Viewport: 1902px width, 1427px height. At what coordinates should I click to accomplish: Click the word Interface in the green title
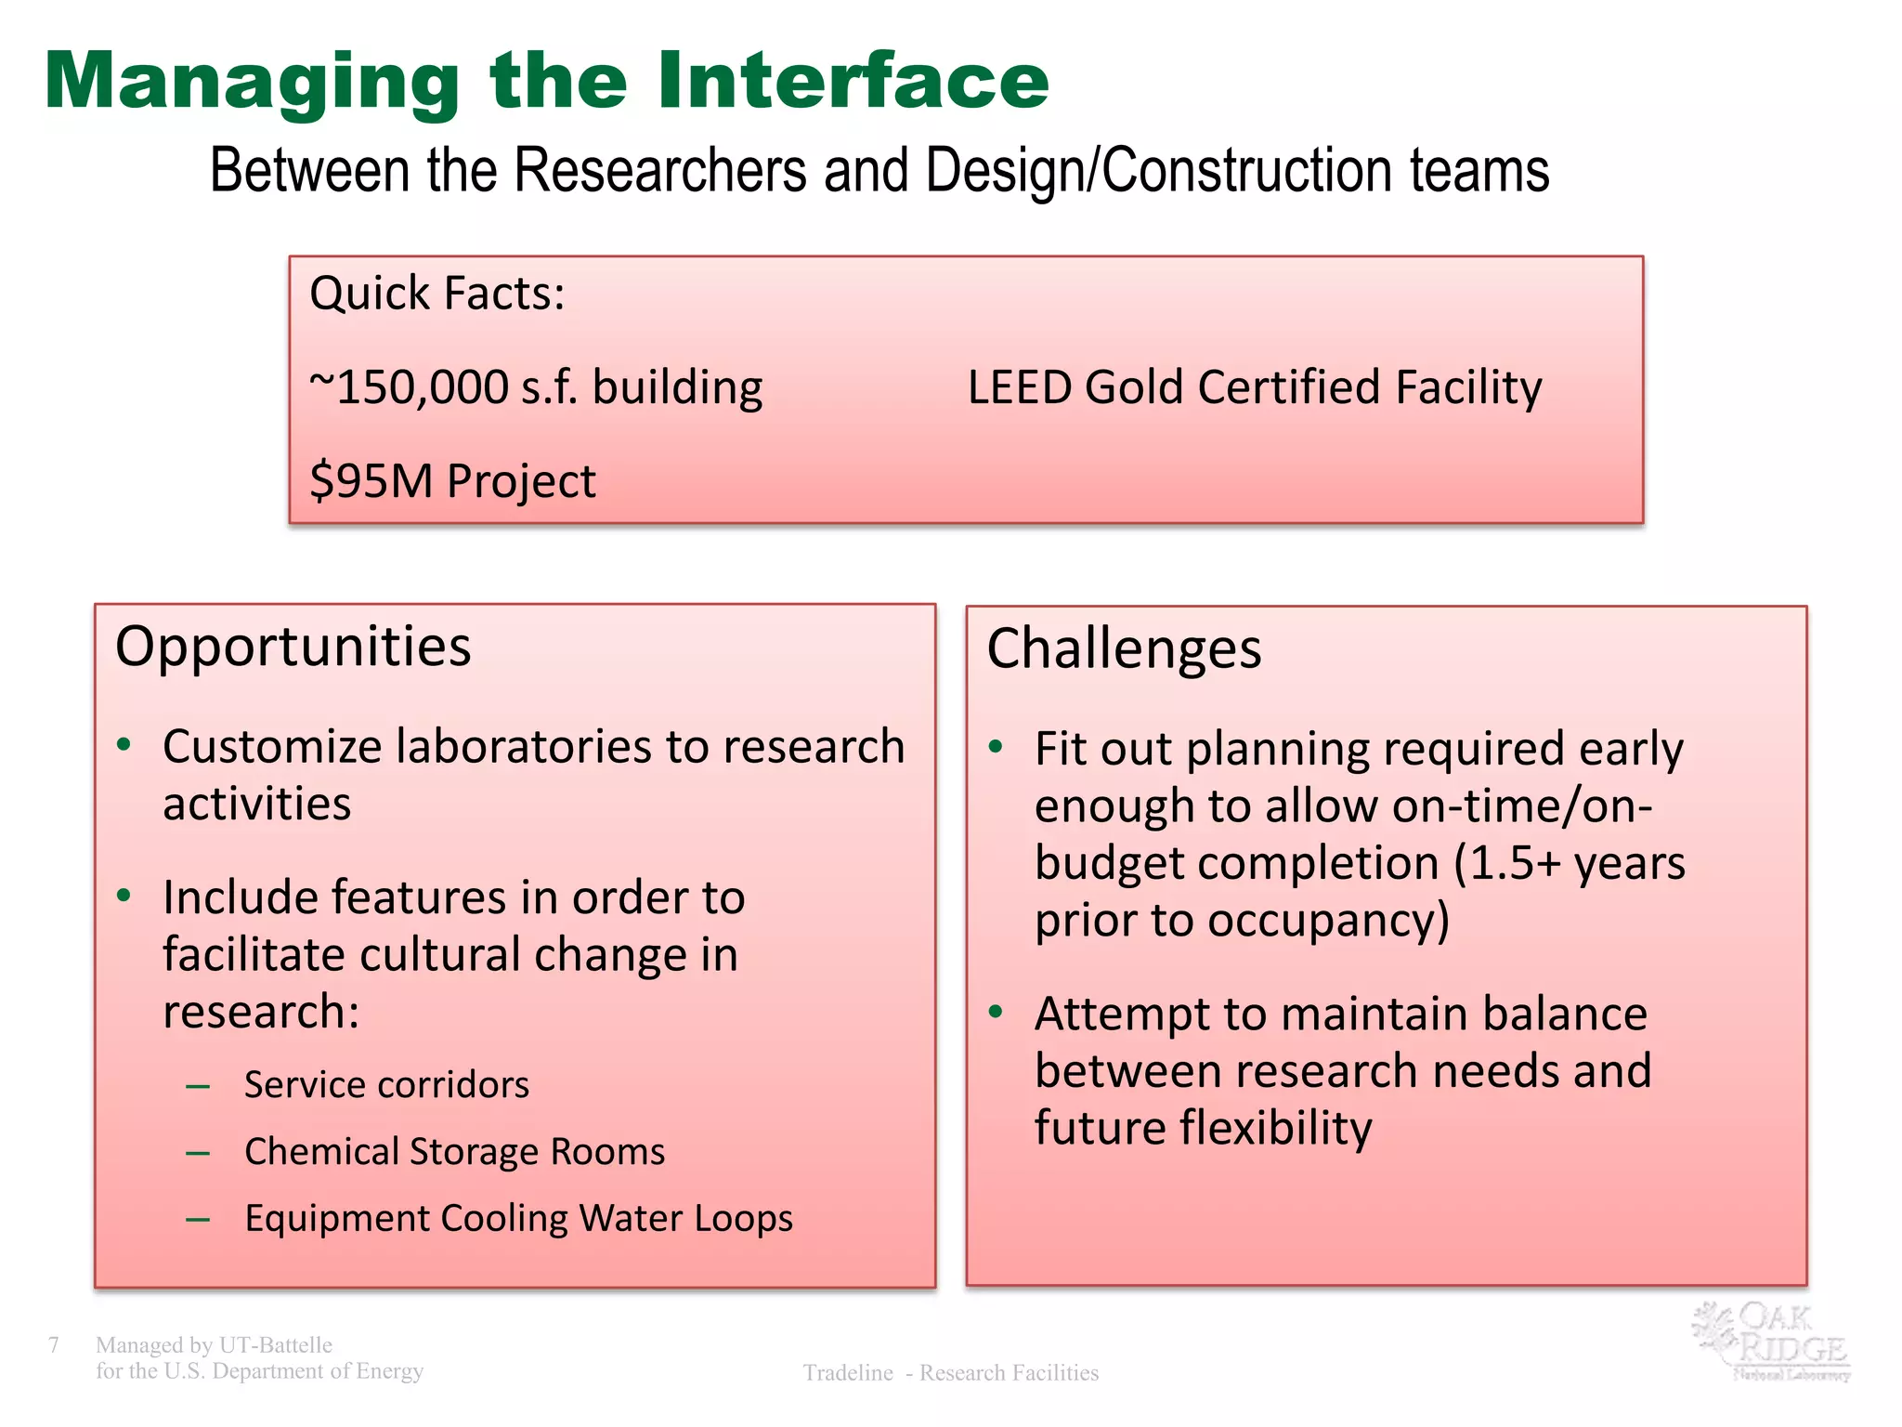click(853, 81)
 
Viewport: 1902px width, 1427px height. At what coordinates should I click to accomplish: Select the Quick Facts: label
click(436, 294)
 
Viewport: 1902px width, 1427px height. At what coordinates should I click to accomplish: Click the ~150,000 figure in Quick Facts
click(410, 387)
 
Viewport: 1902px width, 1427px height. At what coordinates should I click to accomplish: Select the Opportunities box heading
click(293, 647)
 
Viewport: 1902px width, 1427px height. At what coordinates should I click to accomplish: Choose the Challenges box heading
click(1124, 648)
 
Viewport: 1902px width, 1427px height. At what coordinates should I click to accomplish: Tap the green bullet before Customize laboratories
click(124, 745)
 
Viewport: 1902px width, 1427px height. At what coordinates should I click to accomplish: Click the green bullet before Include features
click(124, 896)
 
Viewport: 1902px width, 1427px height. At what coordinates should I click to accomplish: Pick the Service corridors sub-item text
click(386, 1085)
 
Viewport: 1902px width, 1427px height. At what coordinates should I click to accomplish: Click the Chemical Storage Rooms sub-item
click(454, 1152)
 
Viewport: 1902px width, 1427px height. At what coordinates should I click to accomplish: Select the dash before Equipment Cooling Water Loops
click(197, 1219)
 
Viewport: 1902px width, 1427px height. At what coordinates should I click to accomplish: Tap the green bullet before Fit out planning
click(997, 747)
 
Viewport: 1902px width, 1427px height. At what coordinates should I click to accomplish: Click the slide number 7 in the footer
click(54, 1344)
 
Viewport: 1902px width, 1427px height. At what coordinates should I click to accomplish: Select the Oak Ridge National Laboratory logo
click(1772, 1342)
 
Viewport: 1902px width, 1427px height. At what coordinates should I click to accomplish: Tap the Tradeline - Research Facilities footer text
click(950, 1373)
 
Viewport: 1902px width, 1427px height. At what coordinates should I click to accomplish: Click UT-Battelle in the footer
click(275, 1344)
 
